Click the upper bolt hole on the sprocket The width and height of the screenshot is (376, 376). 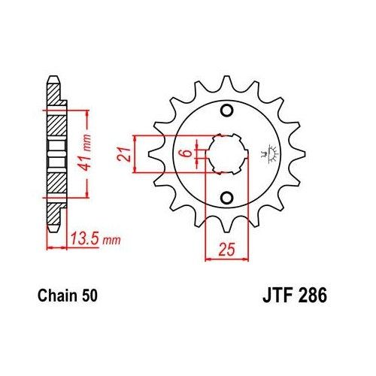point(226,110)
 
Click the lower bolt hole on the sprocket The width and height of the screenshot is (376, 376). point(226,199)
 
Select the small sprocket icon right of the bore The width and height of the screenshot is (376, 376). point(265,155)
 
